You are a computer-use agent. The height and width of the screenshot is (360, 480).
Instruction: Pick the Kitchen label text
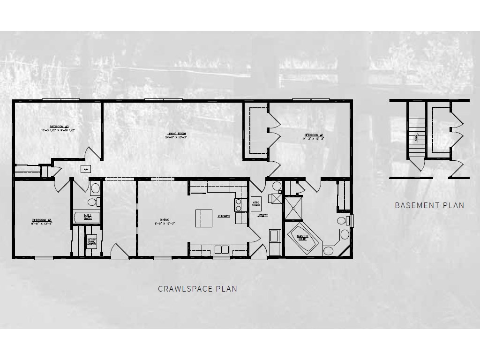(224, 216)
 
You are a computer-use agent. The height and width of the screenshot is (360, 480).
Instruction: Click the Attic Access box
(256, 201)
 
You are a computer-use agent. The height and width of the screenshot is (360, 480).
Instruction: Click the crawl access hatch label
(92, 242)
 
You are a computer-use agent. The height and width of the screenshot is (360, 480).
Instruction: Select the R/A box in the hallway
(86, 168)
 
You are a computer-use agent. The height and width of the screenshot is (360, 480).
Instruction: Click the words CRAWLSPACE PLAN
(197, 289)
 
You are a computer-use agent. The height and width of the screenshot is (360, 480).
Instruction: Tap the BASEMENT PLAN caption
(429, 205)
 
